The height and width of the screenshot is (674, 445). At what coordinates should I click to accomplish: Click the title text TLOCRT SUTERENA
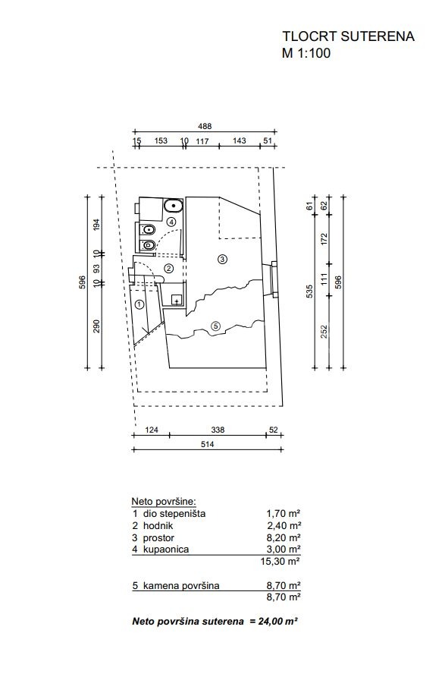coord(348,36)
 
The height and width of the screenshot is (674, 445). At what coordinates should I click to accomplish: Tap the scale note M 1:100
coord(306,53)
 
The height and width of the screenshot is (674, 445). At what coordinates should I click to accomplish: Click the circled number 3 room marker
coord(222,259)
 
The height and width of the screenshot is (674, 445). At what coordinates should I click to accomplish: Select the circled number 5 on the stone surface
coord(216,326)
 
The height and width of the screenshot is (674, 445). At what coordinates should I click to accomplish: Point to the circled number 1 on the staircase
coord(139,305)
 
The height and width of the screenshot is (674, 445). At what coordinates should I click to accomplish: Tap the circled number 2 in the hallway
coord(169,269)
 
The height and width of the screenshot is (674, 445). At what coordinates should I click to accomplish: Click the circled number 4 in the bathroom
coord(171,222)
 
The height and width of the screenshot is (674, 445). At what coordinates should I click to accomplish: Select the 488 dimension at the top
coord(205,126)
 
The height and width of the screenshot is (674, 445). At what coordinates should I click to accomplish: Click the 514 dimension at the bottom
coord(207,445)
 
